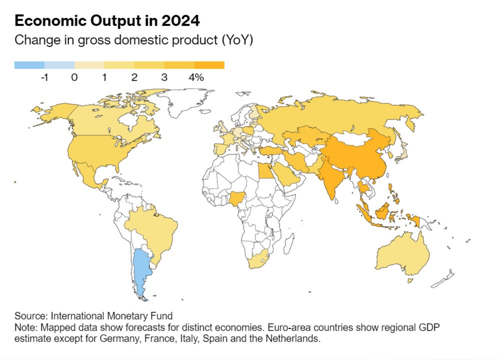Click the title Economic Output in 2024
click(107, 21)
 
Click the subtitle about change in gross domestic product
click(134, 40)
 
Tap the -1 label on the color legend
click(44, 77)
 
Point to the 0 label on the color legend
click(74, 77)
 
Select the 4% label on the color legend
click(196, 77)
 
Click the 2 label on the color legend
click(134, 77)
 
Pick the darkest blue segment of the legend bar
click(29, 65)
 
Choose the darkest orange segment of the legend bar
click(209, 65)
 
